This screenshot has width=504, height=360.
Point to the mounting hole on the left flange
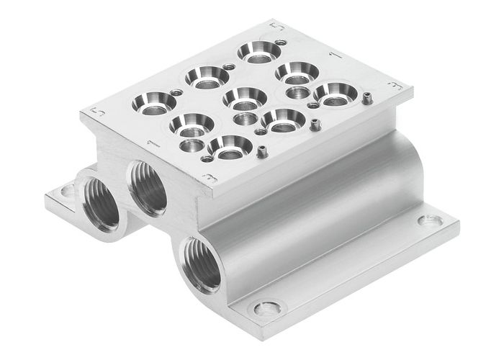(x=67, y=192)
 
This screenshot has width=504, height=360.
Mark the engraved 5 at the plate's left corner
(x=91, y=113)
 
